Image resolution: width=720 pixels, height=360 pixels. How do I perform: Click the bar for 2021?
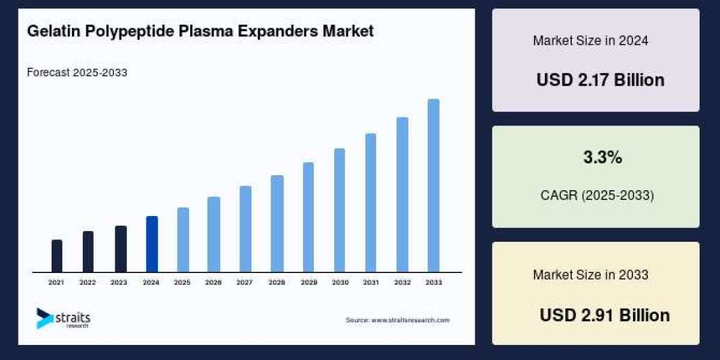coord(57,256)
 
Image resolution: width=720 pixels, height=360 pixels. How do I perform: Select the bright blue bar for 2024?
coord(152,244)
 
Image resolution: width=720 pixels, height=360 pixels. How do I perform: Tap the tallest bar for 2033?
coord(433,185)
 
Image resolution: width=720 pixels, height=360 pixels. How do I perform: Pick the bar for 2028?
coord(277,223)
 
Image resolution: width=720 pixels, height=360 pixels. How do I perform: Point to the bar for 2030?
coord(340,210)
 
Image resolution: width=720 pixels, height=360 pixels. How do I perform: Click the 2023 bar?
coord(121,249)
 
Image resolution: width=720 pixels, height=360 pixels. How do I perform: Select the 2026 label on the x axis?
coord(214,282)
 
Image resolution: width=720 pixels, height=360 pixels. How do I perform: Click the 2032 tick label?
coord(402,282)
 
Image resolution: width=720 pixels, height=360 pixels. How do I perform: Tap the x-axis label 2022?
coord(88,282)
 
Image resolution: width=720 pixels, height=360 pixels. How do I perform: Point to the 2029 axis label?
coord(308,282)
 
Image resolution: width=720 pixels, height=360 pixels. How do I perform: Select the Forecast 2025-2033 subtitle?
coord(77,73)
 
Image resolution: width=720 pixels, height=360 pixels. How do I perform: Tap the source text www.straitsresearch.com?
coord(410,320)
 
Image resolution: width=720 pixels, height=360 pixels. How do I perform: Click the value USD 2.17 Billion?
coord(600,80)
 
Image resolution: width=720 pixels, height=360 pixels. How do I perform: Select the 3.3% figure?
coord(602,158)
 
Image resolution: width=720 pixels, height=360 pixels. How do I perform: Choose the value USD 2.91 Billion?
coord(604,315)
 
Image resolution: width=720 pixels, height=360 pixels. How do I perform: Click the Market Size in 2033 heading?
coord(590,275)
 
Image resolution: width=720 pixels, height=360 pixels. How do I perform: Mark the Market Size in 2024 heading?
coord(590,41)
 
